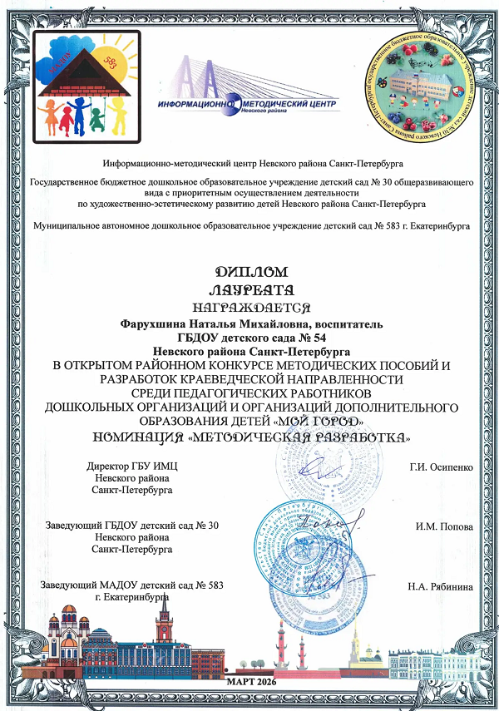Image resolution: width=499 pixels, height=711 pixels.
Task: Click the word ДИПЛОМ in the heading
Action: tap(249, 272)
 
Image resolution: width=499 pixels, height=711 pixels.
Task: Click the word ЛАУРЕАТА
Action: tap(249, 290)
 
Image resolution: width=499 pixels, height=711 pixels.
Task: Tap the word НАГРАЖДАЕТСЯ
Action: tap(249, 308)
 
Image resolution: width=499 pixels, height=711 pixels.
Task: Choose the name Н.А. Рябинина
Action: tap(441, 586)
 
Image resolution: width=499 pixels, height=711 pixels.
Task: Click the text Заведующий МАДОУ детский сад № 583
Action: tap(132, 586)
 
